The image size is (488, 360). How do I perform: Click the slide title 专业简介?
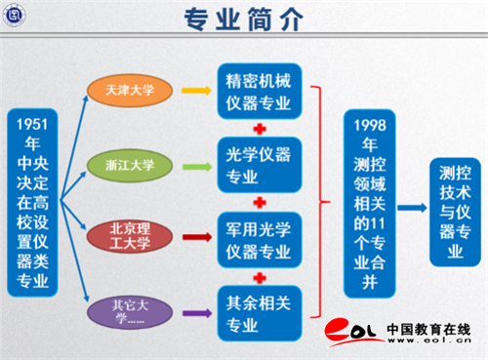(244, 19)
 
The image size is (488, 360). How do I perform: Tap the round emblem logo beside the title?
(14, 16)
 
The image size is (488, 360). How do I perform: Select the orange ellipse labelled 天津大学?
(130, 91)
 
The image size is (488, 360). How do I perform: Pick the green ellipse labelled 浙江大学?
(130, 166)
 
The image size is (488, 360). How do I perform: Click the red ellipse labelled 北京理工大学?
(130, 236)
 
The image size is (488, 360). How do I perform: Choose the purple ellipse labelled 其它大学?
(130, 312)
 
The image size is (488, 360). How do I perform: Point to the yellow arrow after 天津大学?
(196, 91)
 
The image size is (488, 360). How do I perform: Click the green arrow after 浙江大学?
(197, 167)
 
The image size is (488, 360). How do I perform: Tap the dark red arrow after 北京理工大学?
(197, 237)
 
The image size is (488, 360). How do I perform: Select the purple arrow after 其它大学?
(197, 313)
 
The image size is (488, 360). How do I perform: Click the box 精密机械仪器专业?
(260, 92)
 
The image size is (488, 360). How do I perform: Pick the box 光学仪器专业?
(260, 165)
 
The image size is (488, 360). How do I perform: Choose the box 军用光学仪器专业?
(260, 240)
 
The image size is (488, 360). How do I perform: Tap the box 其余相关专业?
(260, 313)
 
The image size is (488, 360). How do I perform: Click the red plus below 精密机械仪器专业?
(260, 129)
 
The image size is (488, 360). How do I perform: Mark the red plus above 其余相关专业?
(260, 278)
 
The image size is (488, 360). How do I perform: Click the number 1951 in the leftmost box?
(32, 124)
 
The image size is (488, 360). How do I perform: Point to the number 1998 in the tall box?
(370, 126)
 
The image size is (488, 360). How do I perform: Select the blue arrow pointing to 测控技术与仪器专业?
(412, 208)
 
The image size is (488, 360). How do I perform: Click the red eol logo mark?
(350, 331)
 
